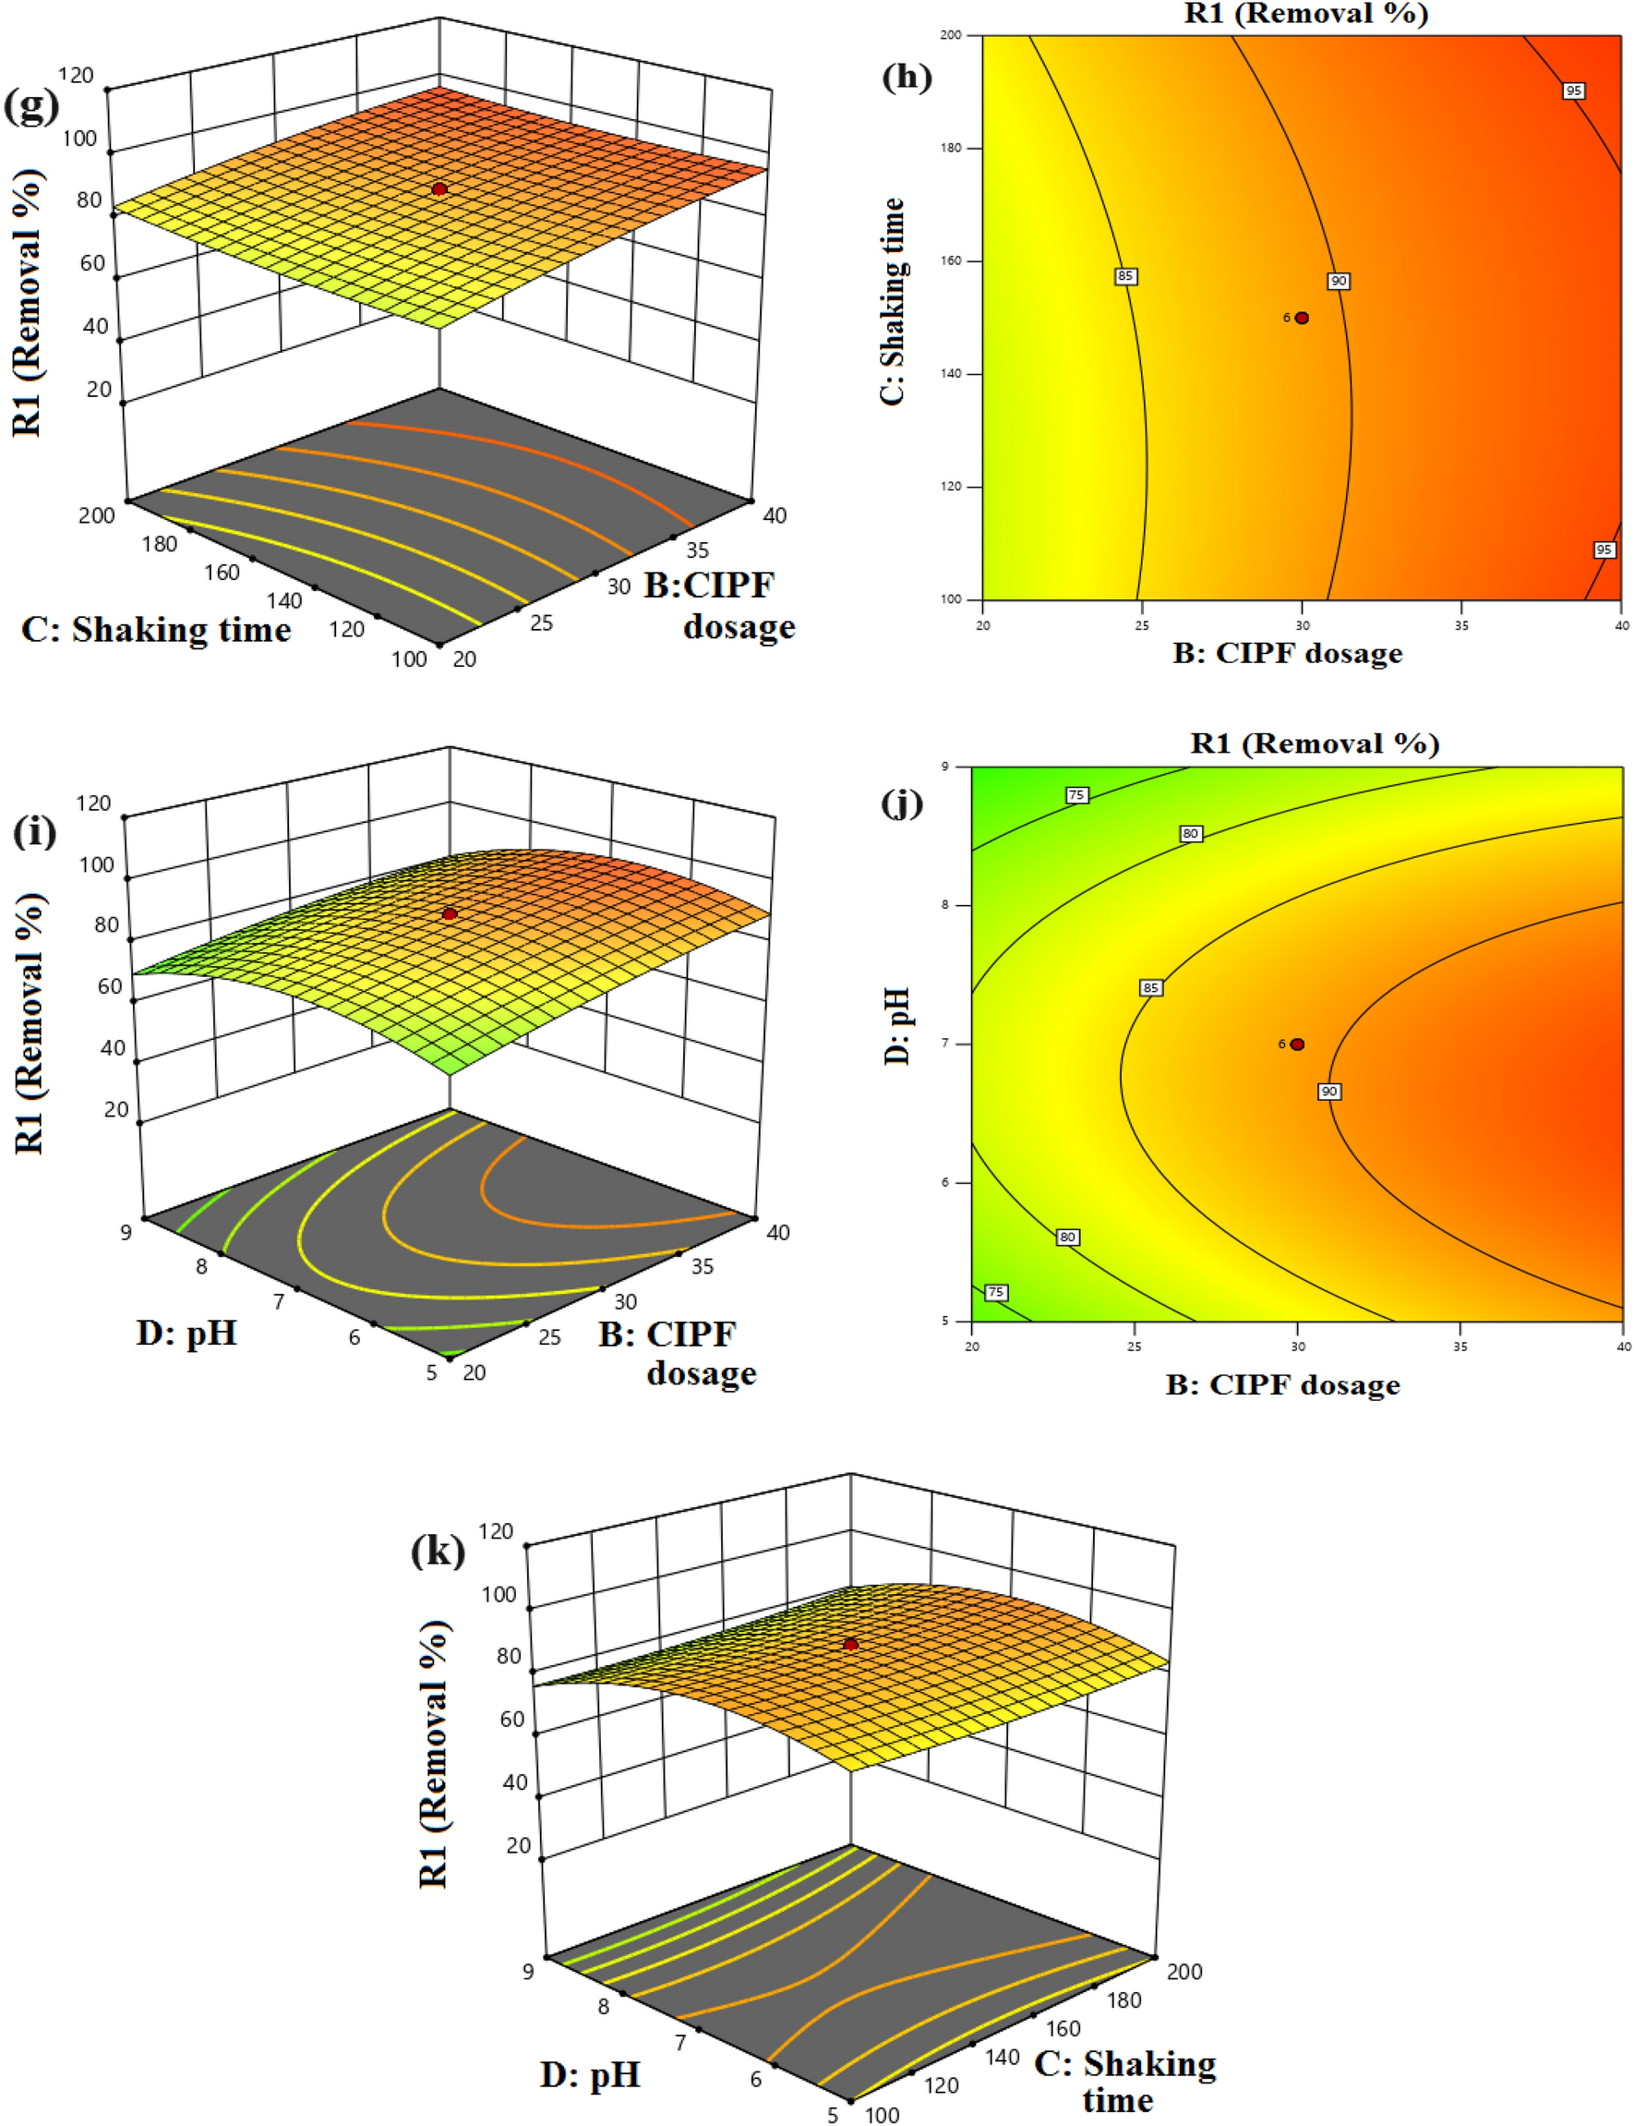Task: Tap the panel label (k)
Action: click(438, 1550)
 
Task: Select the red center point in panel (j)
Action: click(1296, 1044)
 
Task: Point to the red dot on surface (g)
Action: click(439, 188)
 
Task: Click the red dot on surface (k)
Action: click(851, 1644)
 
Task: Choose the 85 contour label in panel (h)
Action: click(1125, 276)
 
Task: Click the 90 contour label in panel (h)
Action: click(1339, 281)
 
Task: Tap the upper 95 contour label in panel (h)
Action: click(1573, 91)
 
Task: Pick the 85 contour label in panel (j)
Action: click(1150, 987)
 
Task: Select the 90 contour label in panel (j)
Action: click(1328, 1092)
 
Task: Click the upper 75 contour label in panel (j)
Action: click(1075, 795)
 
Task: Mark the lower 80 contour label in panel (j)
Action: click(1068, 1237)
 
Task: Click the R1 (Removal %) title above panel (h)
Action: click(1305, 14)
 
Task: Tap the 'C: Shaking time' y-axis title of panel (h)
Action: click(892, 301)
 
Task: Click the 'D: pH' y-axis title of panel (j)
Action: click(896, 1025)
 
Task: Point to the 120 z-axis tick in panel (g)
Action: click(76, 76)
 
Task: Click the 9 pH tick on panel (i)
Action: click(126, 1233)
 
